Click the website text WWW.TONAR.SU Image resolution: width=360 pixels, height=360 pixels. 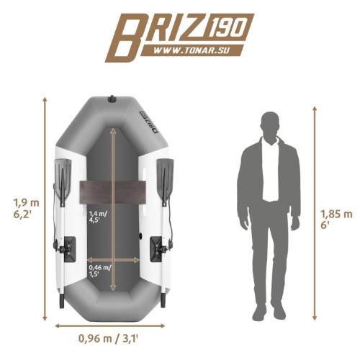tap(191, 50)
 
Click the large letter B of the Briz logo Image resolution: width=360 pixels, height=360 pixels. tap(124, 37)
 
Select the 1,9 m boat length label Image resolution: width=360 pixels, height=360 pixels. tap(26, 208)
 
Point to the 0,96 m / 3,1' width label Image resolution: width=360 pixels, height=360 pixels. tap(108, 338)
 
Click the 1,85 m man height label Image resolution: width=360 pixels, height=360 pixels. tap(336, 219)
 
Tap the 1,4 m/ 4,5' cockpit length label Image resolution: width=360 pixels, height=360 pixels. tap(98, 217)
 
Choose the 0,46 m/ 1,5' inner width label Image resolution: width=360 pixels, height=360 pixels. tap(100, 271)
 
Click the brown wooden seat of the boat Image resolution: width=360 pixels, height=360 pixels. tap(113, 192)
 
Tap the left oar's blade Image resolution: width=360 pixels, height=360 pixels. tap(63, 179)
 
